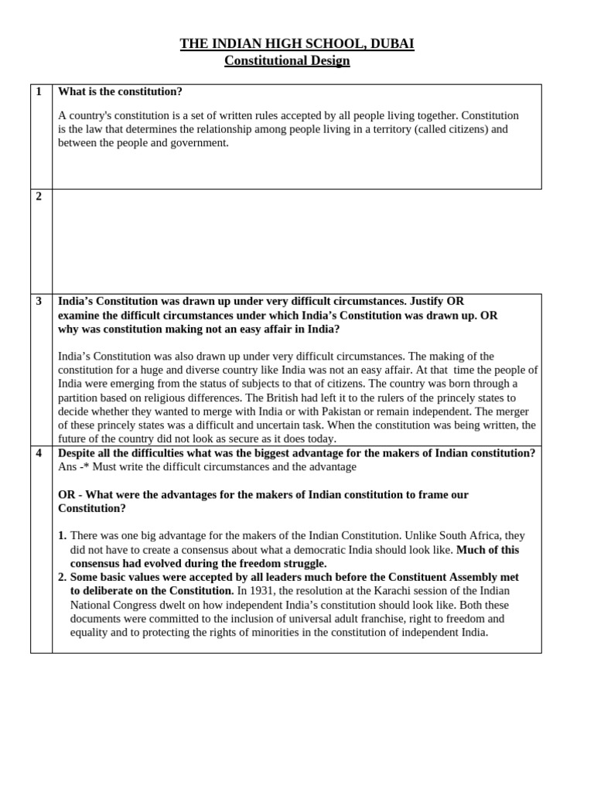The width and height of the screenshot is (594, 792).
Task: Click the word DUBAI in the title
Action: pos(392,44)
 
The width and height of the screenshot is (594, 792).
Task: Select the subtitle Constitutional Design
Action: pos(287,60)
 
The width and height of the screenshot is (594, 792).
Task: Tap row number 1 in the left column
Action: pos(39,91)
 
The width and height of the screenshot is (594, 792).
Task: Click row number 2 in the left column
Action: pos(39,196)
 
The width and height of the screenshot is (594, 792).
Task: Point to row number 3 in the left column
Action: pos(39,301)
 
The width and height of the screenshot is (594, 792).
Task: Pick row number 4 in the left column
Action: pos(39,453)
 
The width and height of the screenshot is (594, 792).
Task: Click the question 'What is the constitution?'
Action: pos(120,91)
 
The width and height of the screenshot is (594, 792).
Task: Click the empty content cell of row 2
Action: pos(296,241)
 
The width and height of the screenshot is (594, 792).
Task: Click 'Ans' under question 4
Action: pos(67,467)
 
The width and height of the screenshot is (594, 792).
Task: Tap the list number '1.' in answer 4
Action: pos(63,536)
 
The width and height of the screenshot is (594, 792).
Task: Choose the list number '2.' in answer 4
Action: pos(63,578)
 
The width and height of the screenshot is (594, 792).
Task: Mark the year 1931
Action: pos(262,591)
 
